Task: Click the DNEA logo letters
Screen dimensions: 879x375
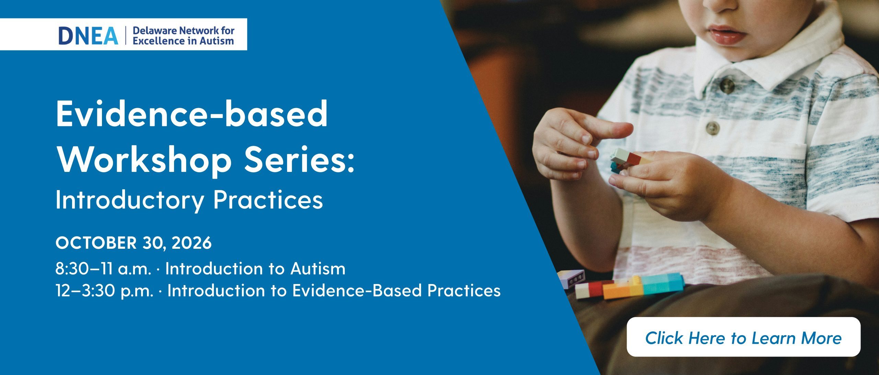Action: tap(88, 35)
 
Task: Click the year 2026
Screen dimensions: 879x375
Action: tap(192, 243)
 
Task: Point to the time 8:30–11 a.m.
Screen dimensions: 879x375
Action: tap(103, 269)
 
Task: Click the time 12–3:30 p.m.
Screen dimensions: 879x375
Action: tap(104, 291)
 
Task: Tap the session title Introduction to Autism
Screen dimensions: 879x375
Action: tap(255, 269)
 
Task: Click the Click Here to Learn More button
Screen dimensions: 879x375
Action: tap(743, 338)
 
